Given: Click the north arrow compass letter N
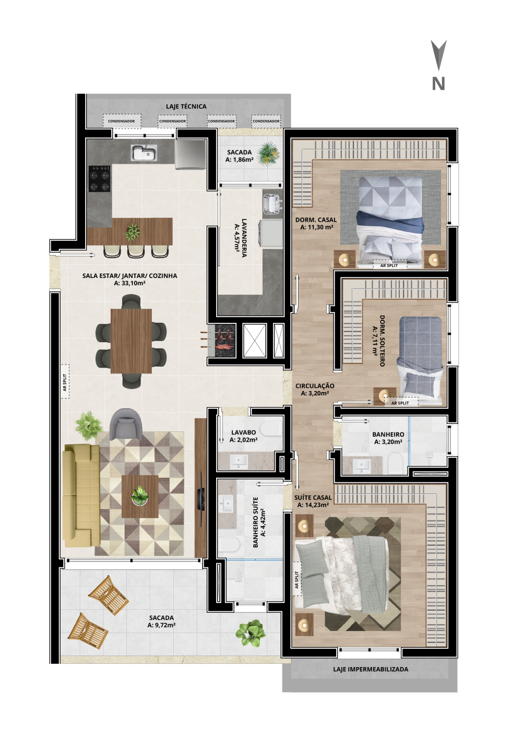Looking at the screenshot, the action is click(438, 83).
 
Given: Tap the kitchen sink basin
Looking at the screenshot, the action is click(144, 153).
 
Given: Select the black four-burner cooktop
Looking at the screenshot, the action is click(100, 178).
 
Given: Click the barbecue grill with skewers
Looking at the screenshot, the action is click(221, 340).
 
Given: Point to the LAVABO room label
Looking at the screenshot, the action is click(243, 432).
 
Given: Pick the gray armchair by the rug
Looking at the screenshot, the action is click(126, 425).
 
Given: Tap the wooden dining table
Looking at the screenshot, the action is click(131, 341).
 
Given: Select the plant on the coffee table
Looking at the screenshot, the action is click(140, 496).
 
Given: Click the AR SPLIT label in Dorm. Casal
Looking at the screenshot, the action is click(389, 265).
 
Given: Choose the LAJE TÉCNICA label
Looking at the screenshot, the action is click(186, 106).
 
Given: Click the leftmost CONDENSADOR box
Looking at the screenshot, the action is click(122, 121).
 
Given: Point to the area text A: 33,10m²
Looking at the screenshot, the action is click(129, 283).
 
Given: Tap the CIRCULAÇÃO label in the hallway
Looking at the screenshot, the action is click(315, 385).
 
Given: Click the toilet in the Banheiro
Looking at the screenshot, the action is click(395, 463).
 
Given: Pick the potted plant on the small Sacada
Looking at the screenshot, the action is click(268, 154).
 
